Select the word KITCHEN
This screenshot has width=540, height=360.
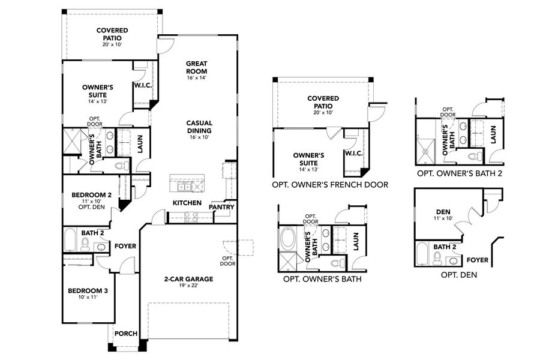[x=187, y=203]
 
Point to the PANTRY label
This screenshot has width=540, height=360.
[x=220, y=207]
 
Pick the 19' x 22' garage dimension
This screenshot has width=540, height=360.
[x=188, y=286]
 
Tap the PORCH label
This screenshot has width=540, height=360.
[x=125, y=334]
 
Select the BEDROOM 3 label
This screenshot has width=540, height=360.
[x=88, y=291]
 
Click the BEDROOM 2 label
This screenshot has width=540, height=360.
[x=92, y=195]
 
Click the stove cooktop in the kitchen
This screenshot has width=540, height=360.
[x=192, y=218]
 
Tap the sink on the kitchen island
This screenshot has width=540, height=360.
[x=182, y=180]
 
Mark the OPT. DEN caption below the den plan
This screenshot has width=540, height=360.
[x=458, y=274]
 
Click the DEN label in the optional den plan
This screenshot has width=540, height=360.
[x=443, y=211]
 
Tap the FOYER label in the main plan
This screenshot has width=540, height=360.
[x=125, y=246]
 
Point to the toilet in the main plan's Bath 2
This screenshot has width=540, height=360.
[x=85, y=244]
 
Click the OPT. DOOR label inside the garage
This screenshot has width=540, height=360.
[x=227, y=260]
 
